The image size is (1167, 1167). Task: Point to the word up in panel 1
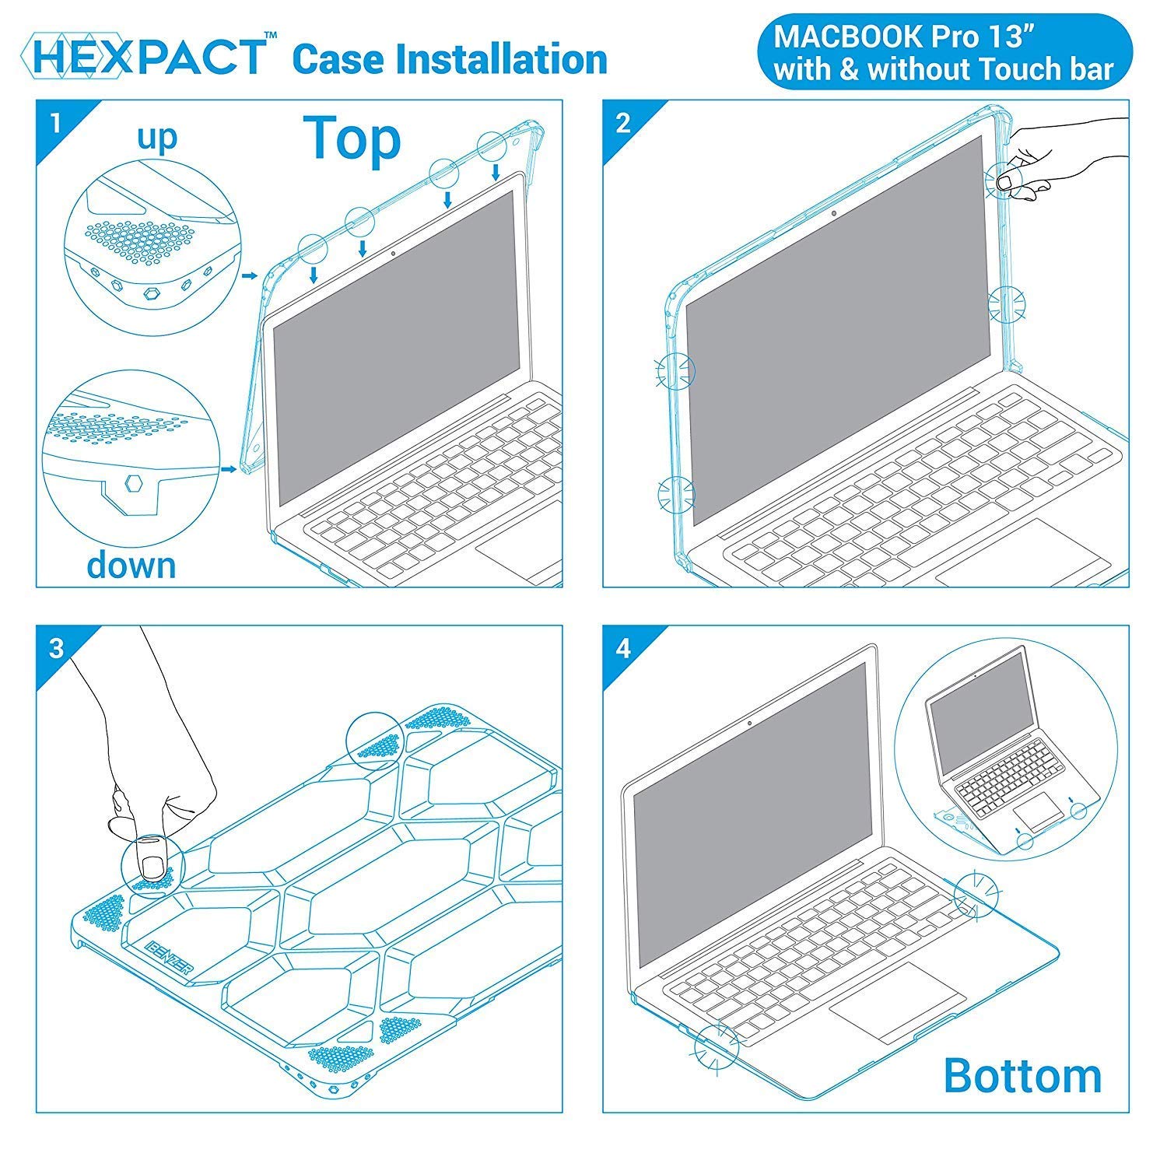click(x=157, y=138)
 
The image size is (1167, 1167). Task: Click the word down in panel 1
click(x=131, y=564)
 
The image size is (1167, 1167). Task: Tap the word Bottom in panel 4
click(x=1022, y=1075)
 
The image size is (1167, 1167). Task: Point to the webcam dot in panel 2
click(x=834, y=213)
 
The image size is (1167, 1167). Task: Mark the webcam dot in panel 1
click(x=393, y=253)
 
